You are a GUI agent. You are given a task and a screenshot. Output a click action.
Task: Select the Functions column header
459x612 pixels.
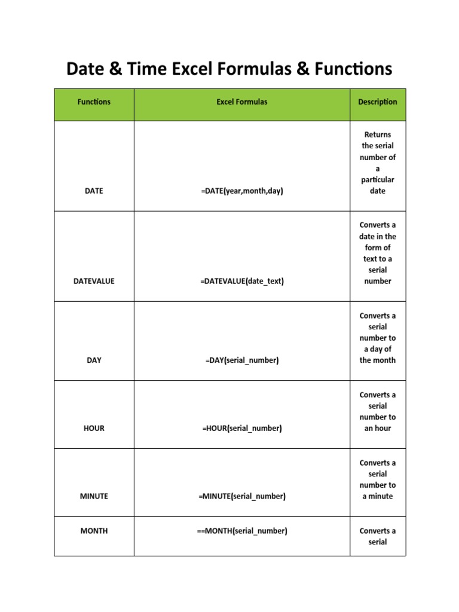(94, 102)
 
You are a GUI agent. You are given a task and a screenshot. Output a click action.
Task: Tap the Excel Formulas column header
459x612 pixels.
(242, 102)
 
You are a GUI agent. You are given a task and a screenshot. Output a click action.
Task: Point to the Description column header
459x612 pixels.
(378, 102)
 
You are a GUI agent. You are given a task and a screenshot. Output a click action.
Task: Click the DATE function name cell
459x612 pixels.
(94, 191)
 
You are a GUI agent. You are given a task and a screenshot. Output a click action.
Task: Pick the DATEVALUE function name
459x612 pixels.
(94, 281)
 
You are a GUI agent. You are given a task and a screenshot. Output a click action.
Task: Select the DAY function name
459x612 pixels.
(94, 360)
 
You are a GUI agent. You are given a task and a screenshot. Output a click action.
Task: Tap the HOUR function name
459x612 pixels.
(94, 428)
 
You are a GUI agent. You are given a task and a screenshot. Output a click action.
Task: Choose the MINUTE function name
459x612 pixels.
(94, 496)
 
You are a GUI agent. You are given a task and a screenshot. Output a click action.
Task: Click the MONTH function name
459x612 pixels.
(94, 531)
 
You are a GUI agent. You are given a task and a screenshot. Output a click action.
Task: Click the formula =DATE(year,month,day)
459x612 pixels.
(242, 191)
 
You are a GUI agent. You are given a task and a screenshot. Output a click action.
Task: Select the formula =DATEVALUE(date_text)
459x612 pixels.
(242, 281)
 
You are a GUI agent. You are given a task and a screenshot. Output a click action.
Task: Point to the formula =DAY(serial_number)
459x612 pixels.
(242, 360)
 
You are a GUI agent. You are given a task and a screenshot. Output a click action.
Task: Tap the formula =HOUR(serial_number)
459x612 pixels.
(242, 428)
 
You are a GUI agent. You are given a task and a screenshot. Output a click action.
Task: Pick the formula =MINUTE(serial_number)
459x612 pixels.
(242, 496)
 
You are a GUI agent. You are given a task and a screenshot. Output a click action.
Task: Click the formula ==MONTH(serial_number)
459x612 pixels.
(242, 531)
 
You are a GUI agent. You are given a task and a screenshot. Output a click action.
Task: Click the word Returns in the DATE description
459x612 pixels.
(378, 134)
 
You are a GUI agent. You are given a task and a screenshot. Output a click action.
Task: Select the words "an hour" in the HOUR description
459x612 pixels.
(378, 428)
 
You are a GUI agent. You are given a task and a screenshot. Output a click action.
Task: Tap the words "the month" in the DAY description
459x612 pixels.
(378, 360)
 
